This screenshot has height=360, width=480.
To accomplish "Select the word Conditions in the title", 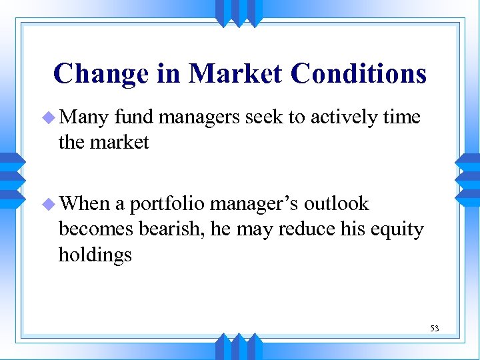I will click(357, 73).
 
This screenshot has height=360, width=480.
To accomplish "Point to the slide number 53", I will click(434, 328).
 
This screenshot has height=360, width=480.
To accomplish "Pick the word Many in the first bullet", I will click(83, 118).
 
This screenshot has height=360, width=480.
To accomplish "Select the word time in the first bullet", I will click(402, 117).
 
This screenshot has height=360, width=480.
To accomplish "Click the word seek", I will click(265, 117).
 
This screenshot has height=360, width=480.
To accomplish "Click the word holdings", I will click(95, 255).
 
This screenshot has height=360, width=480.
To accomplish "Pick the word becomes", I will click(97, 229).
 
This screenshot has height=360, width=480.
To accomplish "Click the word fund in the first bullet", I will click(134, 117).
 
